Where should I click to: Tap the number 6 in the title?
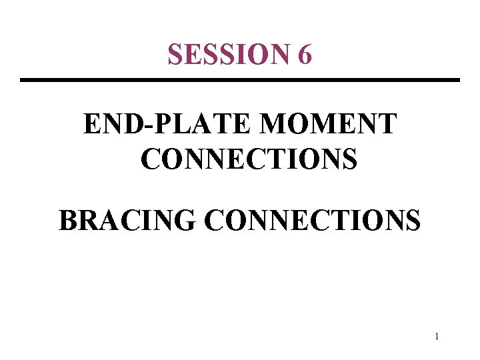tap(305, 55)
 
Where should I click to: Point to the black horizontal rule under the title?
tap(240, 81)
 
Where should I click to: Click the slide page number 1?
tap(436, 337)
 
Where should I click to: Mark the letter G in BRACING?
tap(187, 219)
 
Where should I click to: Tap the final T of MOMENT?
tap(387, 125)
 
